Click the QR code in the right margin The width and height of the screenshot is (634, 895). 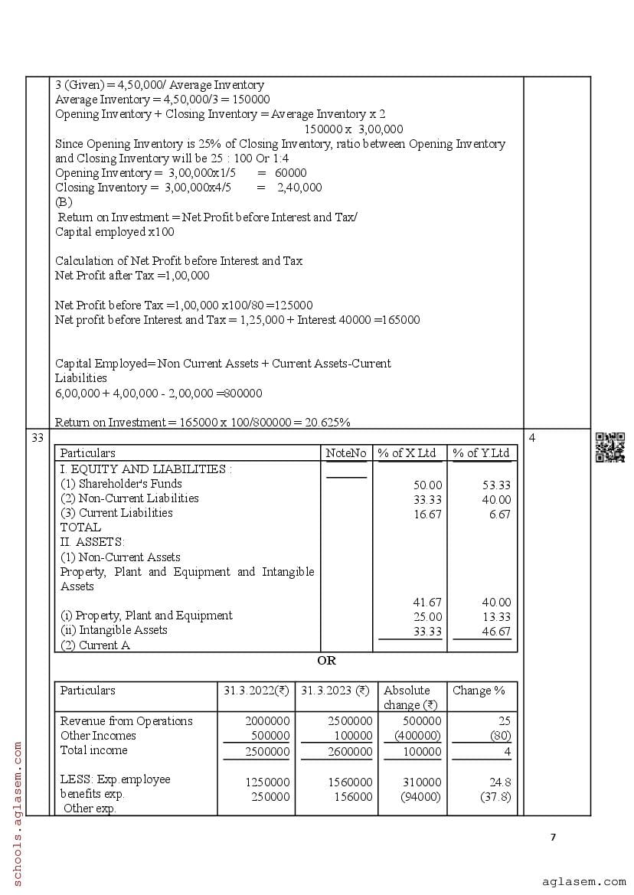point(609,447)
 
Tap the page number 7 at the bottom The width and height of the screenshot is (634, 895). point(553,837)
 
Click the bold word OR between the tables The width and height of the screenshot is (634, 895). point(326,661)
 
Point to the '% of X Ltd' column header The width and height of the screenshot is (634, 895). point(410,453)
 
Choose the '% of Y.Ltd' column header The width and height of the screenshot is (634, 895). point(481,453)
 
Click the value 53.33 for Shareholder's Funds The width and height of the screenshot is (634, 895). point(497,485)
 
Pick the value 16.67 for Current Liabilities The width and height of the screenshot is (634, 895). point(427,514)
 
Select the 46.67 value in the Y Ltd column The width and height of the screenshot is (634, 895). point(497,632)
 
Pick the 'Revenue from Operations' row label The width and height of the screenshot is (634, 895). point(126,721)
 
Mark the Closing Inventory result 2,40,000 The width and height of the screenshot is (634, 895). point(299,188)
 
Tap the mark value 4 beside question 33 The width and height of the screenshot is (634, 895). point(532,438)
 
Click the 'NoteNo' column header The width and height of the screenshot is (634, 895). point(346,453)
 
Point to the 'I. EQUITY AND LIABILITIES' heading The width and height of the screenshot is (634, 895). point(145,469)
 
